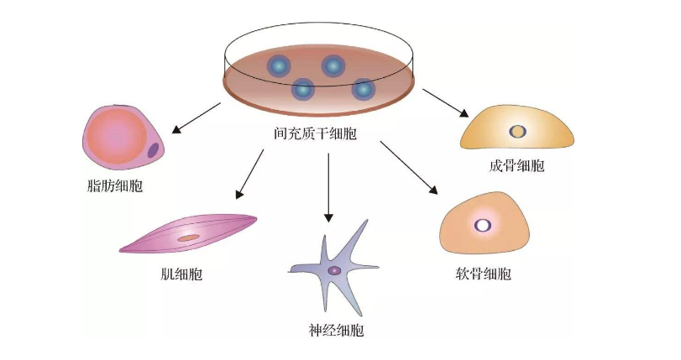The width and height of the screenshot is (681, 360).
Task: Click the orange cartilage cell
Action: (485, 225)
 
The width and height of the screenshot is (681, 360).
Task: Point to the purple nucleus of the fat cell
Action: (153, 151)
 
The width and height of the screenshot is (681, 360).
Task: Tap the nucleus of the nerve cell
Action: (334, 271)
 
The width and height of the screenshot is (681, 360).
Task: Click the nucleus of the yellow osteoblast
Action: (518, 132)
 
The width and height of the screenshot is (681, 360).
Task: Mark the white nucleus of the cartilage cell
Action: (484, 225)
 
